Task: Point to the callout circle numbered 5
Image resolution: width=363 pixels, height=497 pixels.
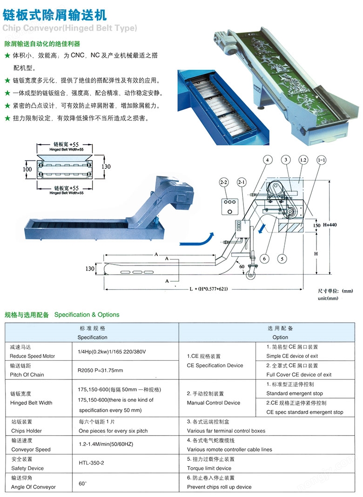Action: [283, 258]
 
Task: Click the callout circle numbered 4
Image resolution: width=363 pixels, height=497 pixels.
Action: [267, 160]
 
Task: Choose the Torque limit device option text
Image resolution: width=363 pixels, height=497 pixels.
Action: [209, 468]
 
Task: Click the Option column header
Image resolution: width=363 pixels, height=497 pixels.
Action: [280, 337]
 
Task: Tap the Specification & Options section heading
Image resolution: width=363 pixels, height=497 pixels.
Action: [87, 315]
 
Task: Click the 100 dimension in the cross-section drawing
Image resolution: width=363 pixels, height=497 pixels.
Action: [27, 170]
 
